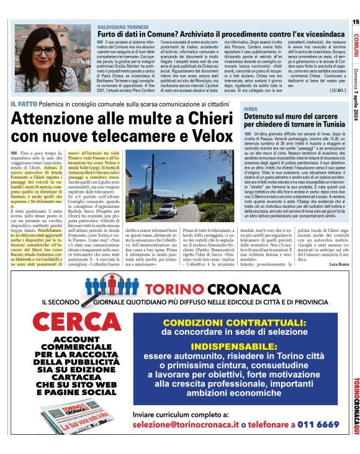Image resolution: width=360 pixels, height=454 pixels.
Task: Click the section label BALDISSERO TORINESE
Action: click(x=124, y=27)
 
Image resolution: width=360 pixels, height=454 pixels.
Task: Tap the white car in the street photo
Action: click(x=166, y=210)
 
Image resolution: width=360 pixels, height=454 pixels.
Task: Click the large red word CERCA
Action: click(x=73, y=323)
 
